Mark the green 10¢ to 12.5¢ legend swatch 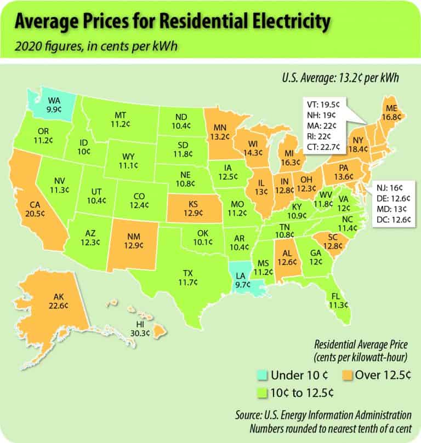(x=263, y=392)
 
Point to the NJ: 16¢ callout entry (x=388, y=187)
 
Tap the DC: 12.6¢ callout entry (x=391, y=220)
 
